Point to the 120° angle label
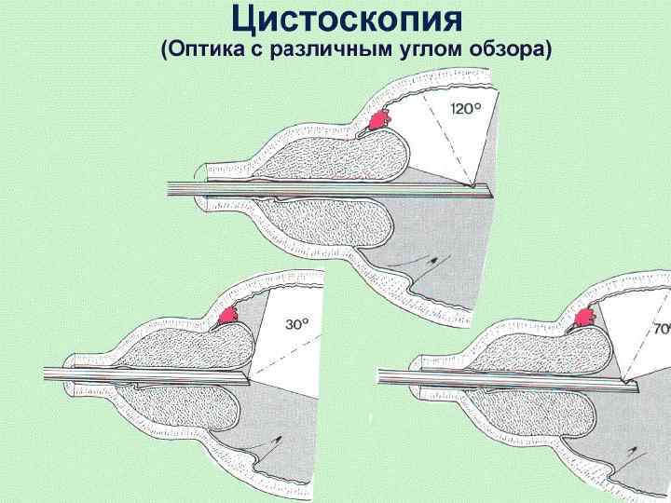(x=467, y=109)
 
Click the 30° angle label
(x=297, y=324)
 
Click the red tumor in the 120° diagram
(x=379, y=120)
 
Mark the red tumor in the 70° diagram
(x=587, y=318)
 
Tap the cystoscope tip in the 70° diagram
(x=636, y=381)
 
